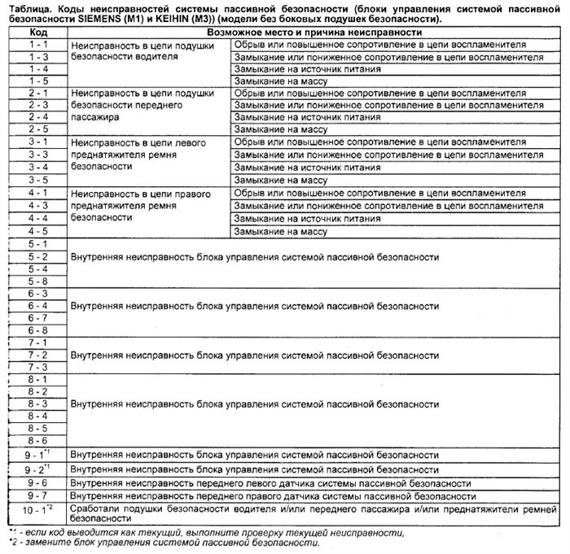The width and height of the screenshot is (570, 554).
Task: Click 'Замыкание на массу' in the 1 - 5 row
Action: [x=280, y=81]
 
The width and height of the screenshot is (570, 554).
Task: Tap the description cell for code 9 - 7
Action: [x=273, y=495]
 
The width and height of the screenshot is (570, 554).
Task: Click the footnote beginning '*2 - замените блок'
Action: [x=163, y=543]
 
